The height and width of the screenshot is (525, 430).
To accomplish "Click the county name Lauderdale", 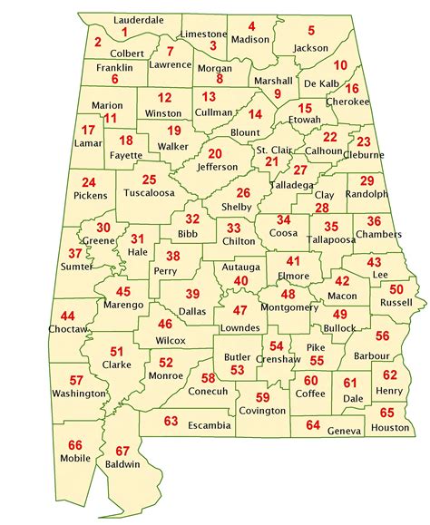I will pos(139,19).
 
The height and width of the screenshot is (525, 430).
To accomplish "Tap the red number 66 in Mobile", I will pos(75,444).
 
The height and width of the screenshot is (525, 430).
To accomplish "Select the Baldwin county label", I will pos(122,464).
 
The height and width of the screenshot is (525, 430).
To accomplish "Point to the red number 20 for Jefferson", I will pos(214,153).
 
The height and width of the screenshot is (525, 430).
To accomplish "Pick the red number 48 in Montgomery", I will pos(288,294).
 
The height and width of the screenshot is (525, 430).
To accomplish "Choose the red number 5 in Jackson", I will pos(311,31).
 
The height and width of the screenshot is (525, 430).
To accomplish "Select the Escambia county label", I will pos(210,424).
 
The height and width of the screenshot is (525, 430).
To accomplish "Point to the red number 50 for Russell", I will pos(396,288).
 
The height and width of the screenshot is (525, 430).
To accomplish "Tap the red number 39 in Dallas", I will pos(192,293).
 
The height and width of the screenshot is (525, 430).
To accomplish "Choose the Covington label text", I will pos(262,411).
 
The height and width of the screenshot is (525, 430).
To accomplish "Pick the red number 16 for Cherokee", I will pos(353,88).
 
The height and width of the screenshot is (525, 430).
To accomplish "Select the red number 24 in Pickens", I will pos(88,182).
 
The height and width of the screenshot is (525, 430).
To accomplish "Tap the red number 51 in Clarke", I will pos(116,351).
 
